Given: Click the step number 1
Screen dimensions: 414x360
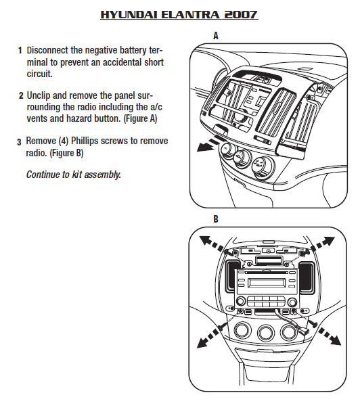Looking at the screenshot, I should point(20,51).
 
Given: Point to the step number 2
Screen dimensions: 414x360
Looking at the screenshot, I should point(20,95).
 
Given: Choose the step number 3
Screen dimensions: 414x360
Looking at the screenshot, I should point(19,141).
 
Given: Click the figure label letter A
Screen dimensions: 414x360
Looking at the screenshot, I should point(215,37).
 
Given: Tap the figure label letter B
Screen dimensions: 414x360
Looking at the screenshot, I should point(215,220).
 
